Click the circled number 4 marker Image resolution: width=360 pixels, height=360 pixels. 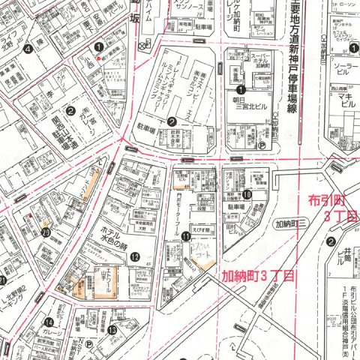coord(28,49)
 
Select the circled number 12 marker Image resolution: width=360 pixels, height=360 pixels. coord(136,256)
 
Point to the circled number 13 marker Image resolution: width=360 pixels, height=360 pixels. coord(111,329)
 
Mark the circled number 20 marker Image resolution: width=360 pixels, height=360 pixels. coord(46,232)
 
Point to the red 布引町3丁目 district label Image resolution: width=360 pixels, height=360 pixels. coord(331,206)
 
